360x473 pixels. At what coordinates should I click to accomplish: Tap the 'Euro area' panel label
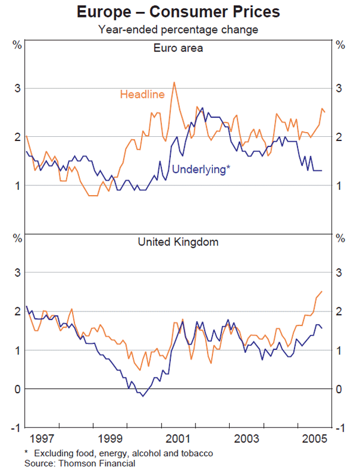coord(178,48)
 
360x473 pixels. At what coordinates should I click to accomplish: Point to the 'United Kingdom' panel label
coord(178,243)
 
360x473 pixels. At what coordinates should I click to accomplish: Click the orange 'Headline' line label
coord(142,94)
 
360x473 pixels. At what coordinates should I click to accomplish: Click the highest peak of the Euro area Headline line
coord(174,82)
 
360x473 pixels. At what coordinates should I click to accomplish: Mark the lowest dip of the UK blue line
coord(142,396)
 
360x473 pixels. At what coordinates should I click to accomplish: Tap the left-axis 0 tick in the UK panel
coord(18,389)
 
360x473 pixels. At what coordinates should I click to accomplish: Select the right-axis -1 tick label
coord(340,428)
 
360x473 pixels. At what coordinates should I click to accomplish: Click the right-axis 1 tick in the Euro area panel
coord(340,185)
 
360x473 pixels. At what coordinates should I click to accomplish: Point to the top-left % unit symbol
coord(17,44)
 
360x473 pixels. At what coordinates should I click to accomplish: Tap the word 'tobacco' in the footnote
coord(199,453)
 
